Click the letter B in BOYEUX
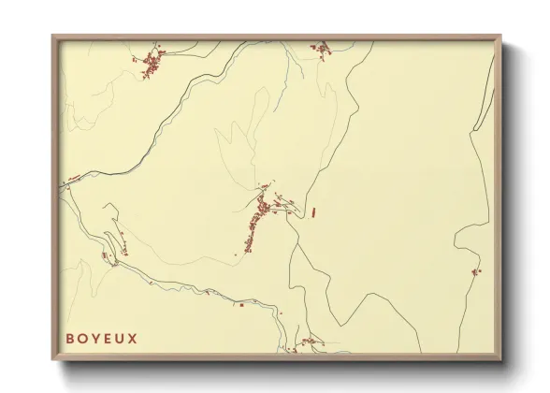point(70,338)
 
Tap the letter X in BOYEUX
point(133,338)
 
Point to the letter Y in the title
point(95,338)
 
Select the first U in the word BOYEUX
point(120,338)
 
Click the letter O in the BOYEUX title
point(82,338)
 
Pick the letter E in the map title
point(108,338)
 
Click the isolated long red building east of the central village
point(313,211)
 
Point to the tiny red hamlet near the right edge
point(475,271)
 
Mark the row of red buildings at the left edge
point(73,178)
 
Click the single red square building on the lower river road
point(241,305)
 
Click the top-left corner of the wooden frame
point(53,36)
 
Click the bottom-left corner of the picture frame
point(53,361)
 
